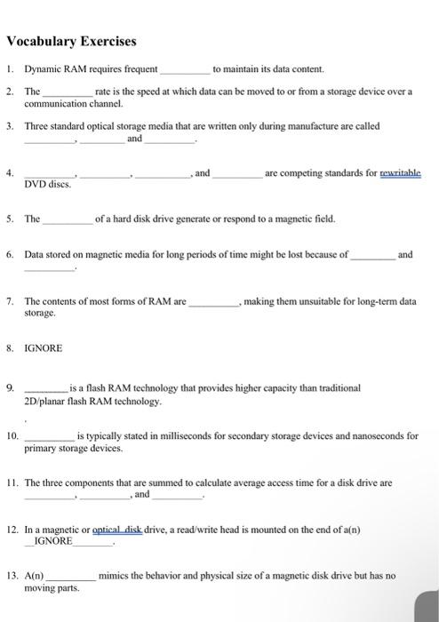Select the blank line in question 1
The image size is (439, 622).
coord(185,70)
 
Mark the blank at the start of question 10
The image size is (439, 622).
coord(49,437)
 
